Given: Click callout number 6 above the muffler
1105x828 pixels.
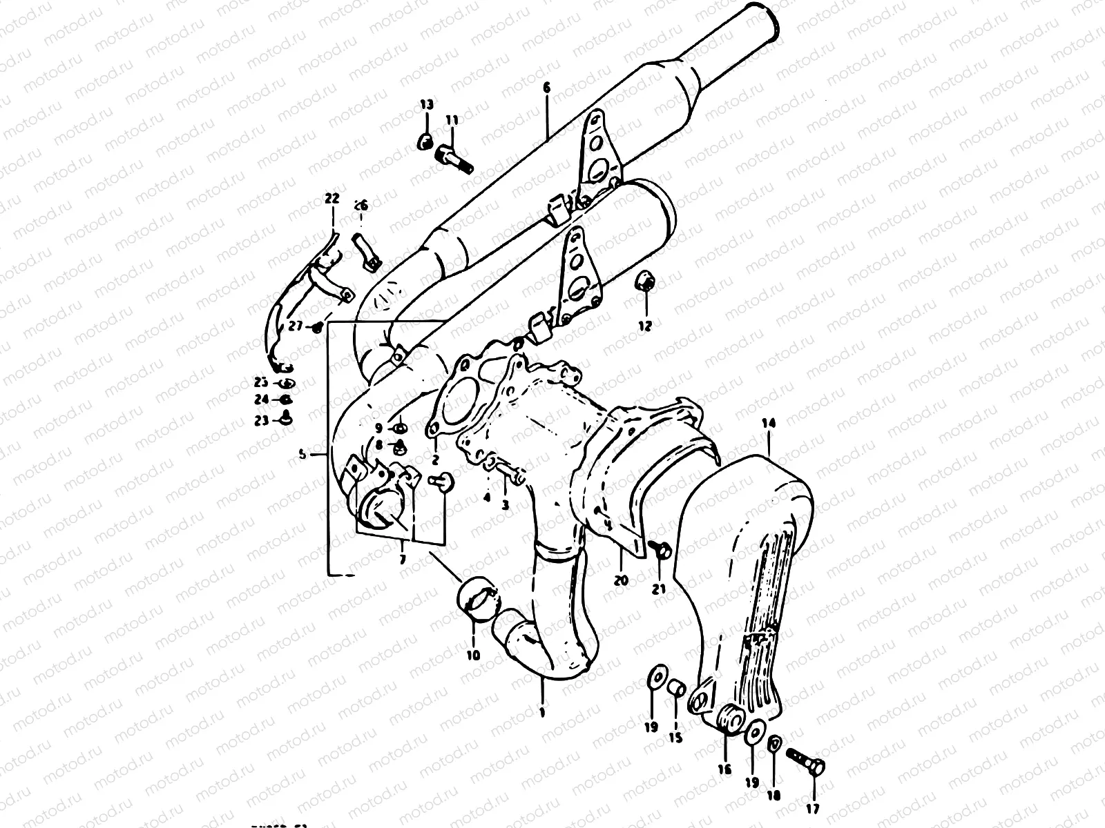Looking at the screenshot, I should pyautogui.click(x=546, y=88).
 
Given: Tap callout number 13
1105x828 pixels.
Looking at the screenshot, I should pyautogui.click(x=427, y=105).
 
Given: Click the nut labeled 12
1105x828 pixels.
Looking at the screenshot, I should pyautogui.click(x=647, y=282).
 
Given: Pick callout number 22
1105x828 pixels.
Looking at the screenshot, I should pyautogui.click(x=332, y=199).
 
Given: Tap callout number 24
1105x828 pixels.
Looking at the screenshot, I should pyautogui.click(x=260, y=400).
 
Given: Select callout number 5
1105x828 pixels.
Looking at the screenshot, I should pyautogui.click(x=302, y=455).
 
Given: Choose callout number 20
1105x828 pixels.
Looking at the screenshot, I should pyautogui.click(x=621, y=580).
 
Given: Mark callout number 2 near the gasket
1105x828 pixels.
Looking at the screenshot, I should pyautogui.click(x=436, y=458).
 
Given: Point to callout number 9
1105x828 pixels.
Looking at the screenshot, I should pyautogui.click(x=379, y=428).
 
